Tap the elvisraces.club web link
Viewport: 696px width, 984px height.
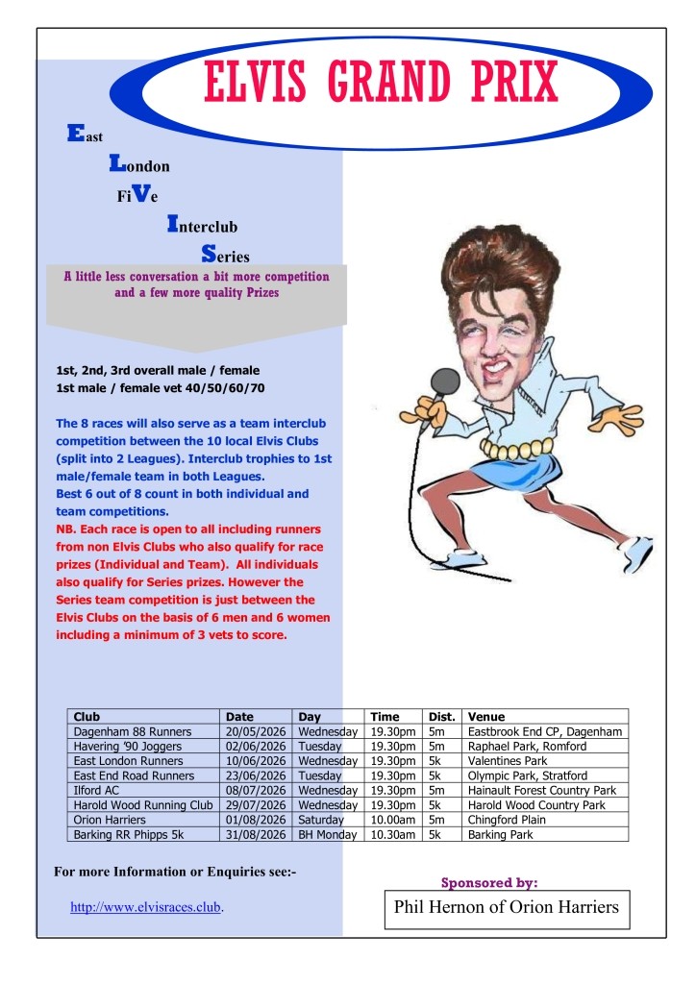point(146,906)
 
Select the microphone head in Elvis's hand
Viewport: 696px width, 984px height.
point(444,382)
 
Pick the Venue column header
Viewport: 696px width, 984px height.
point(485,717)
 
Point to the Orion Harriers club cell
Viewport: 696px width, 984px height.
point(110,820)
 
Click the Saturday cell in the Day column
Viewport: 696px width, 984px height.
point(321,820)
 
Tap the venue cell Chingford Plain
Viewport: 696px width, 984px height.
point(507,820)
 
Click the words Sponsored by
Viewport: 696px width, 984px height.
point(488,882)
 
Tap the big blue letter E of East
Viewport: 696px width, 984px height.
point(74,135)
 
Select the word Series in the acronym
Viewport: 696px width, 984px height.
point(226,256)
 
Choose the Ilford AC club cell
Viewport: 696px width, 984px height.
point(96,790)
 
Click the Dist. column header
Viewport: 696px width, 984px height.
point(441,717)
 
